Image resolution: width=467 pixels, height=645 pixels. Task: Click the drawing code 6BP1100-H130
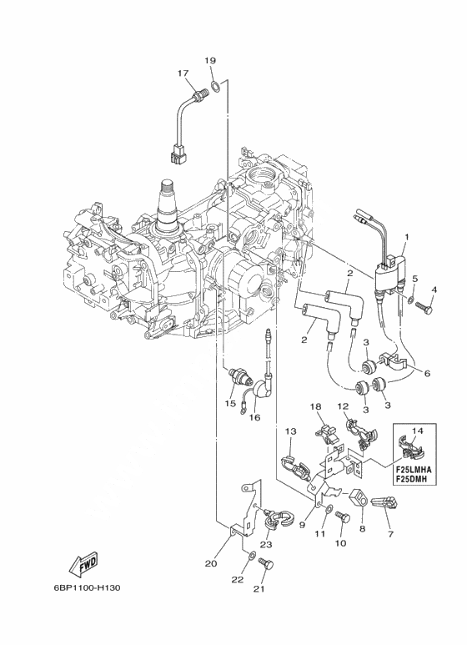tap(87, 587)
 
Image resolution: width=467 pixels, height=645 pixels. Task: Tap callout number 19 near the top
tap(210, 60)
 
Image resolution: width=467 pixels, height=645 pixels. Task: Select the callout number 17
tap(183, 73)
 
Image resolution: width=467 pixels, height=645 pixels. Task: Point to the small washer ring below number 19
tap(215, 86)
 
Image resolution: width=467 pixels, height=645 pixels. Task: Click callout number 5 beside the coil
tap(415, 279)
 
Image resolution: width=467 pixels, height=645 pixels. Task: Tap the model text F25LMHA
tap(414, 469)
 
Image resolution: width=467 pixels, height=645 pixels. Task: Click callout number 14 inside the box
tap(417, 431)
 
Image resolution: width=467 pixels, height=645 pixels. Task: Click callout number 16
tap(254, 417)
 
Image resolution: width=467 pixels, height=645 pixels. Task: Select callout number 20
tap(211, 563)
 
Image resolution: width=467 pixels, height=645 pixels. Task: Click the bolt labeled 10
tap(343, 517)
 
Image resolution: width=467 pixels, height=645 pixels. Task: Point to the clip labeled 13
tap(295, 467)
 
